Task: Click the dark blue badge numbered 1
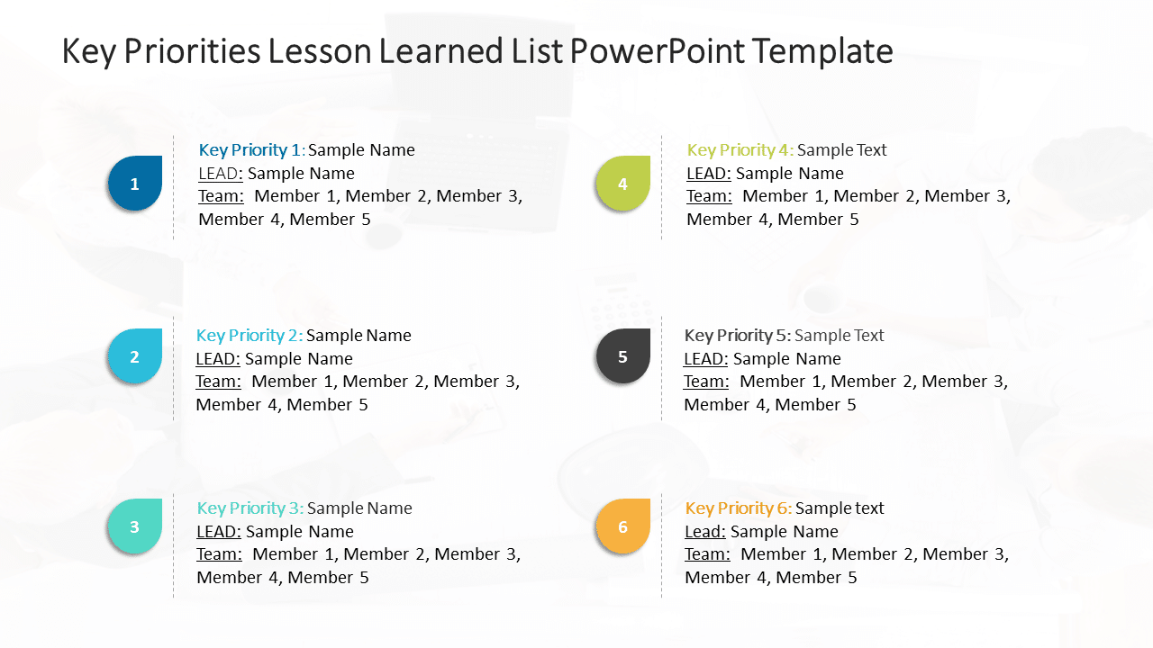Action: (x=135, y=184)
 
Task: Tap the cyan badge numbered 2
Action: (x=134, y=356)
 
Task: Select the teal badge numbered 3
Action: (x=134, y=526)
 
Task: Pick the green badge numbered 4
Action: (x=622, y=184)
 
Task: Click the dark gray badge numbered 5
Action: (x=622, y=356)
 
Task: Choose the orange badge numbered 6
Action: (x=622, y=526)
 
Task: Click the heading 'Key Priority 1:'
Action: (x=251, y=150)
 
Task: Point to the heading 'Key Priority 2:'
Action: (x=249, y=336)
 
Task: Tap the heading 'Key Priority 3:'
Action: (x=250, y=508)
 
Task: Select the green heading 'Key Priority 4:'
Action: (x=740, y=150)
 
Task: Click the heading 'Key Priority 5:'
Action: (x=737, y=336)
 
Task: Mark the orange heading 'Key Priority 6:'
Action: (x=738, y=508)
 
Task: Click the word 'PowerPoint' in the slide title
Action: (x=656, y=51)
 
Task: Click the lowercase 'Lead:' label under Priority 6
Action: (x=704, y=532)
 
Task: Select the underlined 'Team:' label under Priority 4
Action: (x=709, y=196)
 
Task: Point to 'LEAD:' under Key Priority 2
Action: (x=217, y=359)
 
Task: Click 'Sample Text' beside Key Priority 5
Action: (x=839, y=336)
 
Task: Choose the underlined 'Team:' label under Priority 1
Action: (x=221, y=196)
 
